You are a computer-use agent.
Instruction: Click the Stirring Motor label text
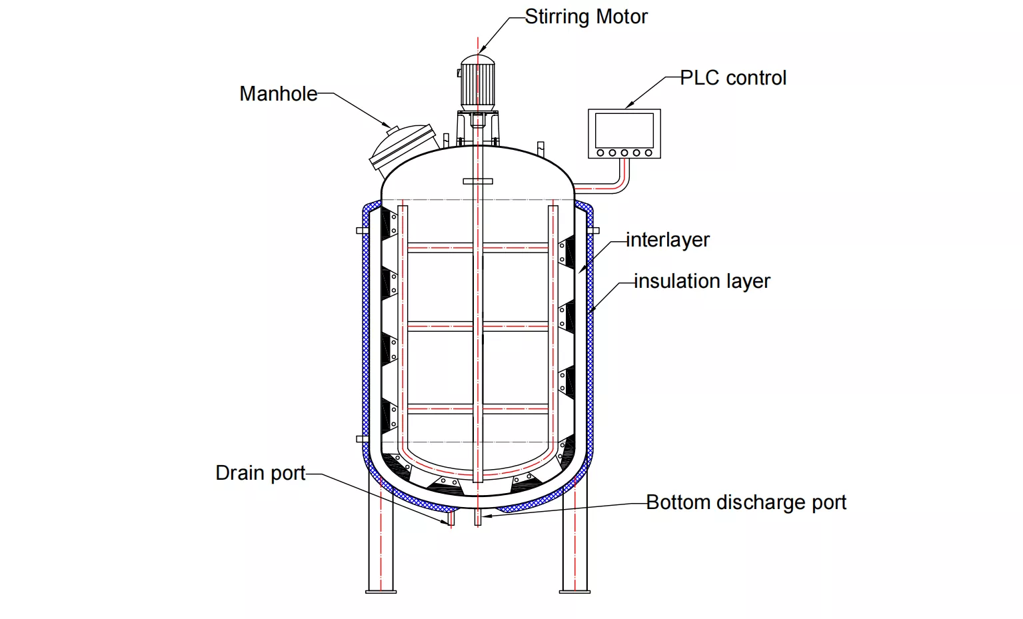click(x=586, y=17)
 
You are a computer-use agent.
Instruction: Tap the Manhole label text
click(x=278, y=94)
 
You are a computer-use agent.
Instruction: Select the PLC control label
click(x=733, y=78)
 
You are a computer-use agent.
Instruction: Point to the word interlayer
click(x=668, y=240)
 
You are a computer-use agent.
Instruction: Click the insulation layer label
click(x=702, y=281)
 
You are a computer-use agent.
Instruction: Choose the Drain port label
click(x=260, y=473)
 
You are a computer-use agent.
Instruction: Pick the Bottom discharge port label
click(x=746, y=502)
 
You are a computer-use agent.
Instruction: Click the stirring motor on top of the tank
click(x=478, y=83)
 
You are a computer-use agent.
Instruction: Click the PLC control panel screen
click(x=624, y=130)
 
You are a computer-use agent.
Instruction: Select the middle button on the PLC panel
click(x=624, y=153)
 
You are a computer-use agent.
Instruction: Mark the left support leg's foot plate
click(x=381, y=590)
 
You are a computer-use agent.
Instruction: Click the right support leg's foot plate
click(x=575, y=590)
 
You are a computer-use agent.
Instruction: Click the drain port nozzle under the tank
click(x=451, y=518)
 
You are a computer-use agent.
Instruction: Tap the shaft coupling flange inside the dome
click(x=478, y=181)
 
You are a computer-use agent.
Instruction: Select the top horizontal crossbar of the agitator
click(x=478, y=248)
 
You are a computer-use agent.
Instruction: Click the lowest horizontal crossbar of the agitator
click(x=478, y=408)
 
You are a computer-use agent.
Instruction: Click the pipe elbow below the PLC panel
click(x=624, y=187)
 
